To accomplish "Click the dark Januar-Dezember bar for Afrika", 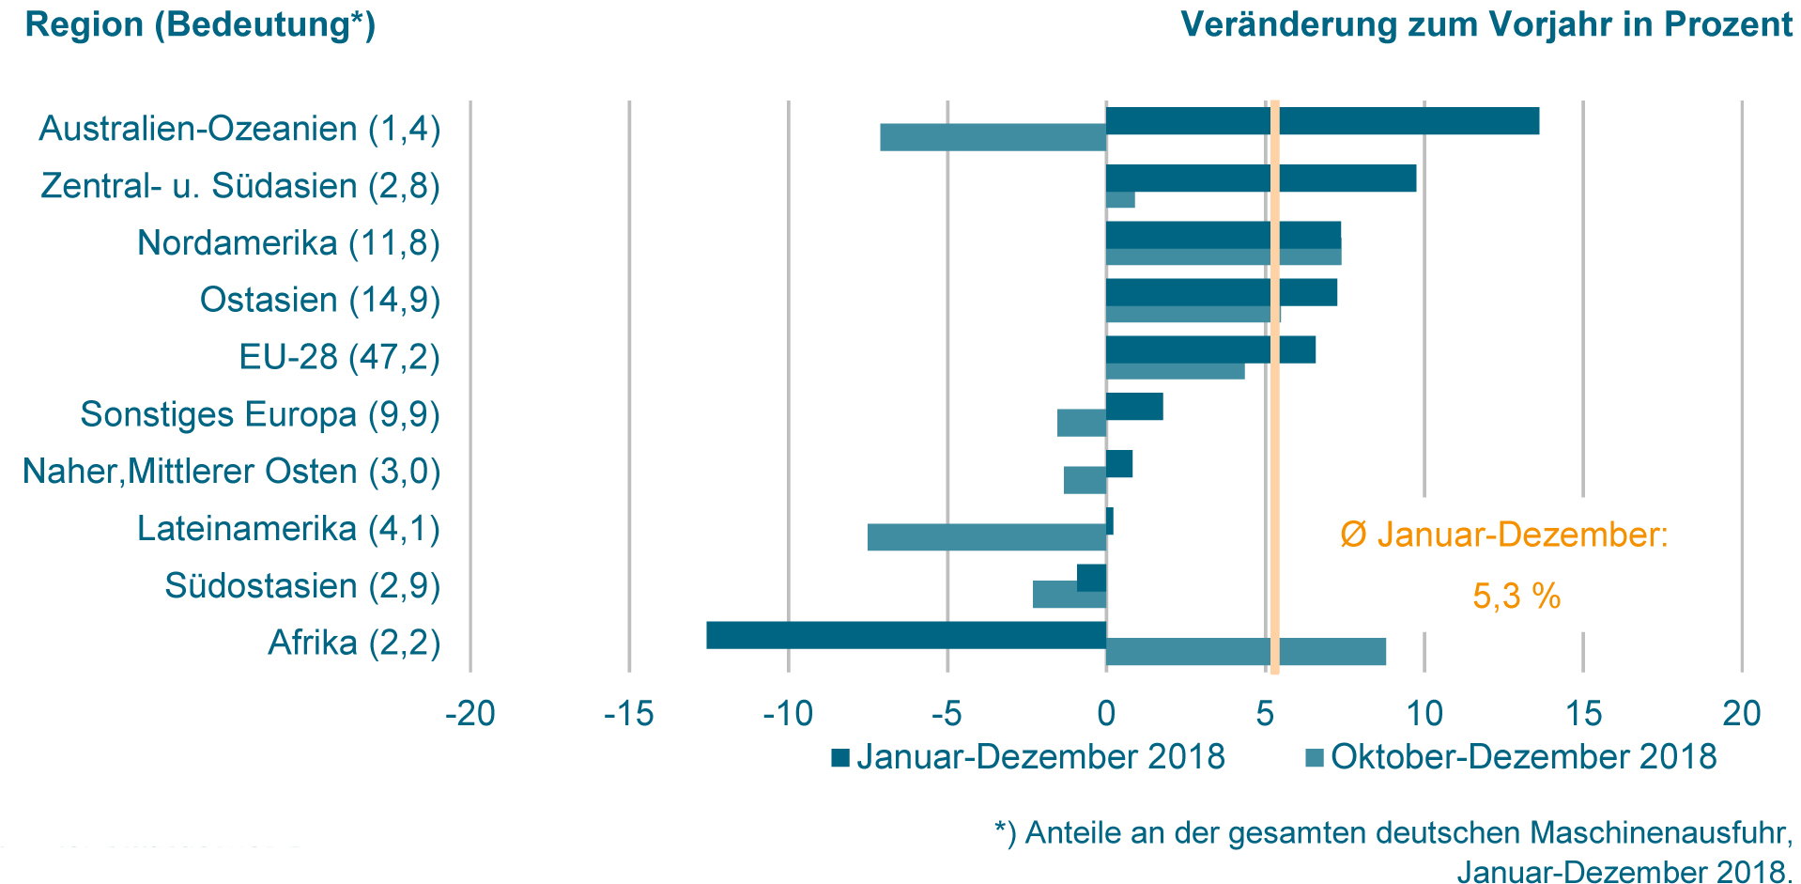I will pos(906,635).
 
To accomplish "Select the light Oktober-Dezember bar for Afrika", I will pos(1245,652).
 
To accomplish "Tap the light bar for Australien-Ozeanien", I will pos(993,137).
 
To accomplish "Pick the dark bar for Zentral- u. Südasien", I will pos(1260,178).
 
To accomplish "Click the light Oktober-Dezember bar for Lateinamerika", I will pos(986,537).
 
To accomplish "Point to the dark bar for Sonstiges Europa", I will pos(1134,407).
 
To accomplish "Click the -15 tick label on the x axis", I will pos(628,714).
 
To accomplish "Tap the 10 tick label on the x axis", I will pos(1424,714).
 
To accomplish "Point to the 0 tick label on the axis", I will pos(1106,714).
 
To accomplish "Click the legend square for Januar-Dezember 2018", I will pos(840,757).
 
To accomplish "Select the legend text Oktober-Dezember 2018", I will pos(1523,757).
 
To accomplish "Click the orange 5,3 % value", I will pos(1516,597).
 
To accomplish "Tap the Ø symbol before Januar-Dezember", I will pos(1353,535).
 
